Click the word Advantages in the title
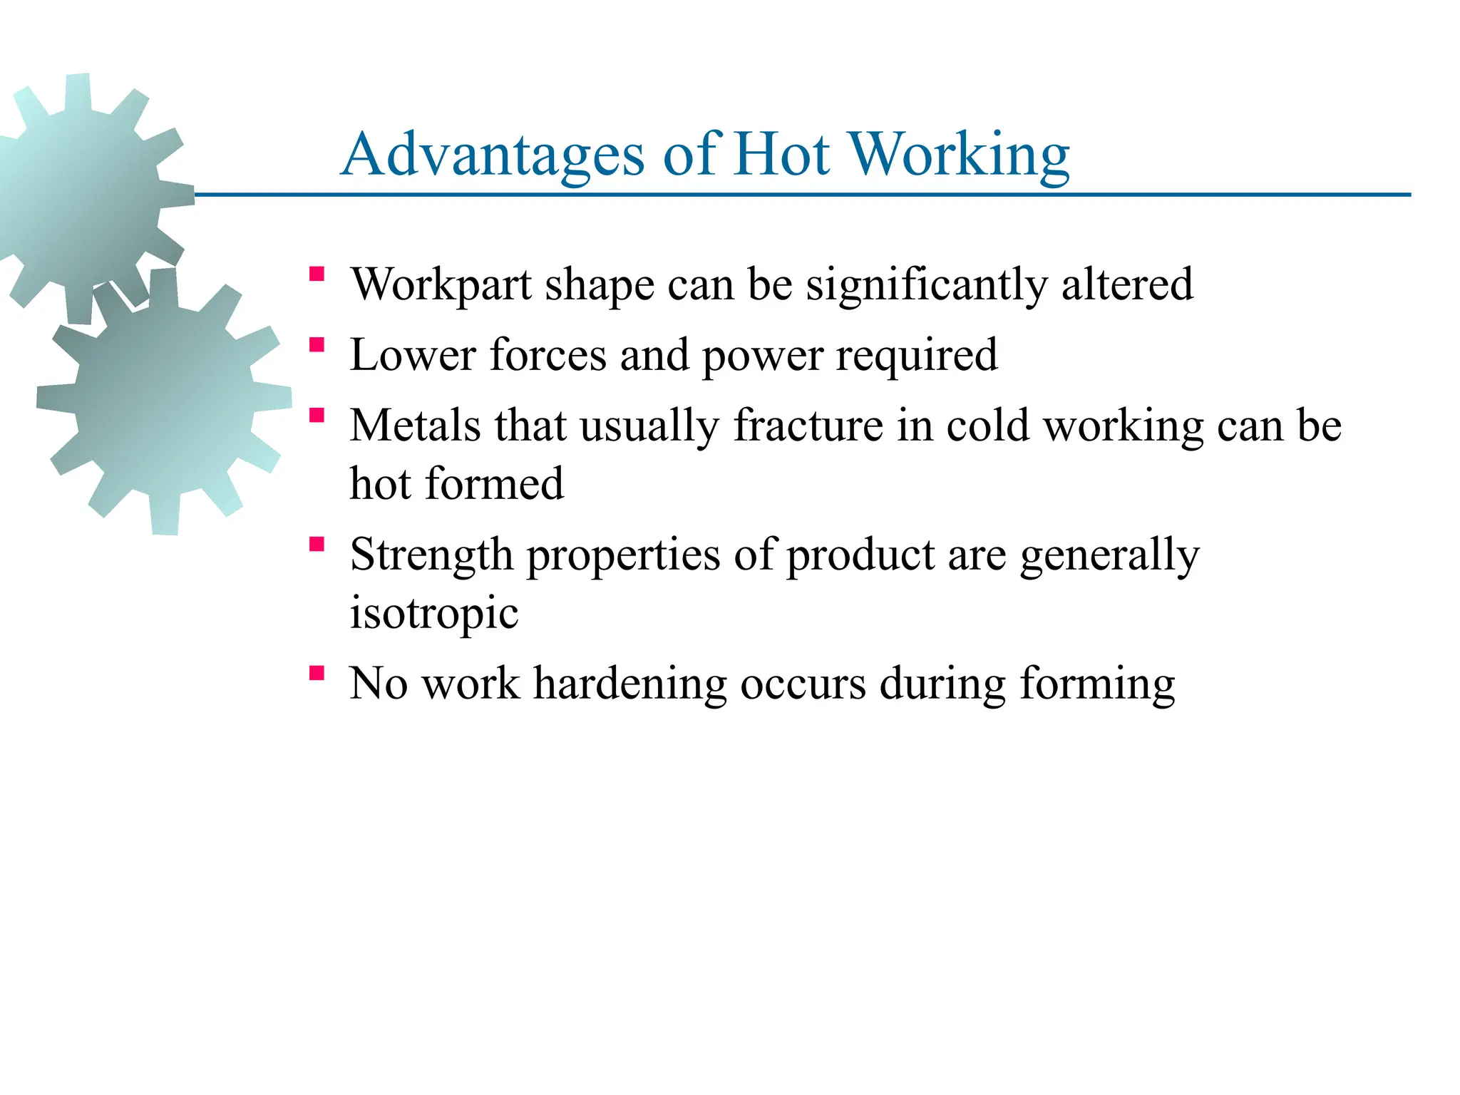coord(493,155)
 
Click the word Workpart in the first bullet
coord(441,285)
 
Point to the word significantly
coord(927,285)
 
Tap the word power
coord(763,356)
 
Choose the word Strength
coord(431,555)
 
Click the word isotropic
coord(433,613)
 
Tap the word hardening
coord(630,684)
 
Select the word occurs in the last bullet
coord(803,684)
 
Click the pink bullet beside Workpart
coord(317,274)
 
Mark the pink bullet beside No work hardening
coord(317,674)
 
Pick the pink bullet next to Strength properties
coord(317,545)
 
